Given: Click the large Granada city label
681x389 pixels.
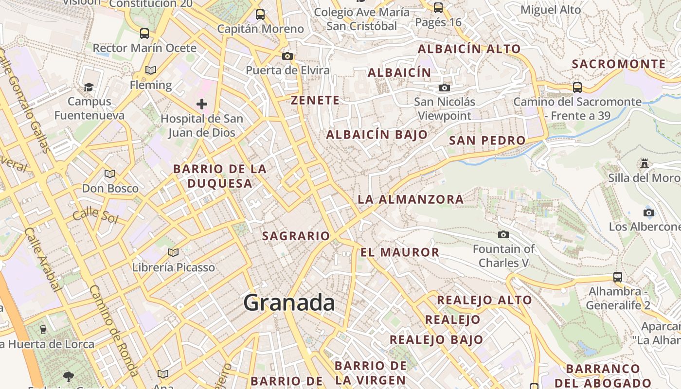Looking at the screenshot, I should pos(289,303).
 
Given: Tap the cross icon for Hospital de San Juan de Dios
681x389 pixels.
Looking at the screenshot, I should pos(202,104).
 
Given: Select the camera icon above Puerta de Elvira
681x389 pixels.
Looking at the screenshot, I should pos(287,56).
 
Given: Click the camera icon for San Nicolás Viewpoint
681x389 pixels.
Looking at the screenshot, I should pos(444,88).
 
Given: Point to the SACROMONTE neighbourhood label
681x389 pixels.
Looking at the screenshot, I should pos(619,64).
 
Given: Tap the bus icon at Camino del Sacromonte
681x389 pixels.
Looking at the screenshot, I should pos(577,88).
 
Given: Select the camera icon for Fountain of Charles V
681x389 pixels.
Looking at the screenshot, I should pos(503,235).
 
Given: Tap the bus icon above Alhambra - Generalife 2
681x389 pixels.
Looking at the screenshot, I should pos(618,277).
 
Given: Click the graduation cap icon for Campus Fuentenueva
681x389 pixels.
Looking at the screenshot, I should pos(89,87).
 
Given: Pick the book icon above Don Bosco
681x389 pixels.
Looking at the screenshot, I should pos(110,174).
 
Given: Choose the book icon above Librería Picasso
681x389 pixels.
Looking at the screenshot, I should pos(173,252).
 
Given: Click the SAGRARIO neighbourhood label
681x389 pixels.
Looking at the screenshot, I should pos(296,236).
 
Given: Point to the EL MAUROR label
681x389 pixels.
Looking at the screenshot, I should pos(400,252).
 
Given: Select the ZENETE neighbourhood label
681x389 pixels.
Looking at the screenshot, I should pos(315,101).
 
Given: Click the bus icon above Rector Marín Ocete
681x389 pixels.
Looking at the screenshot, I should pos(144,34).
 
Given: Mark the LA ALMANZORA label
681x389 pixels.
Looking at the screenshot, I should pos(411,199).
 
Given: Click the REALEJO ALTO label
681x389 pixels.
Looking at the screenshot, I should pos(484,300).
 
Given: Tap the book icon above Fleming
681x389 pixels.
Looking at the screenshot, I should pos(151,71).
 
